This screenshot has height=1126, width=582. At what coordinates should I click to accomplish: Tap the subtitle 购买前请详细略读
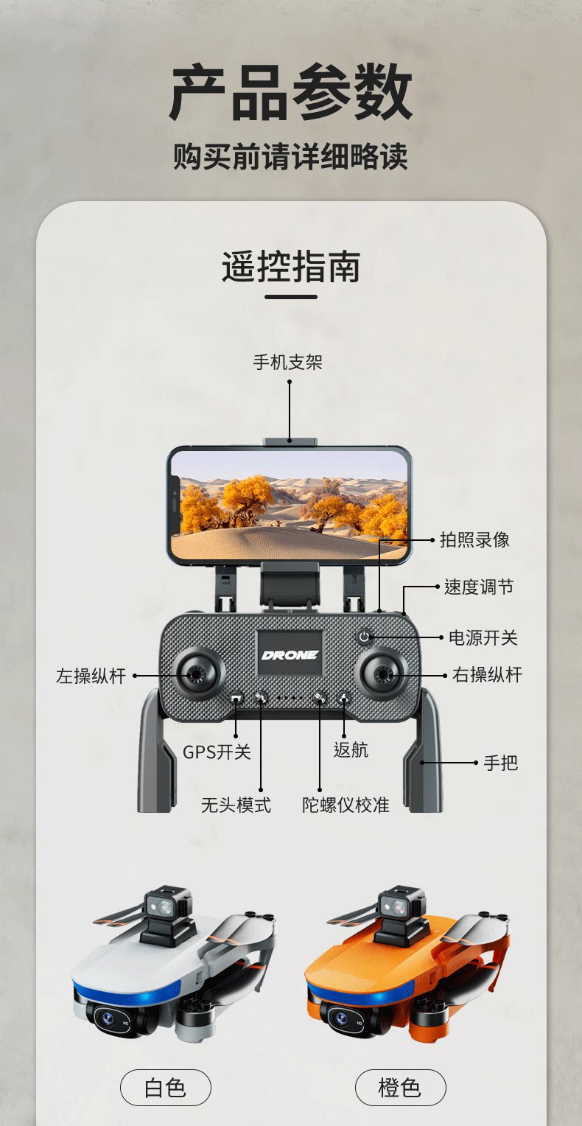pos(291,156)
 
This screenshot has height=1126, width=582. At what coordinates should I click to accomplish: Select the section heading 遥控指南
pos(291,267)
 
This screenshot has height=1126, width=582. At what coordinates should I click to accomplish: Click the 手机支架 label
pos(288,363)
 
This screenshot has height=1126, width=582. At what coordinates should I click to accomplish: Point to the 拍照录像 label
pos(474,540)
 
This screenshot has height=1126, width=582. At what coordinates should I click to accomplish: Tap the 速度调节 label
pos(479,587)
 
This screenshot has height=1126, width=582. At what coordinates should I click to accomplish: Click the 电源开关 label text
pos(483,637)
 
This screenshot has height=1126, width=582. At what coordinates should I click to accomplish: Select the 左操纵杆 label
pos(91,676)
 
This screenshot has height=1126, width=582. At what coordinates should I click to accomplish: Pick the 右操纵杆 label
pos(488,674)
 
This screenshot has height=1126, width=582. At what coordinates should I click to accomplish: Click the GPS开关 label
pos(217,752)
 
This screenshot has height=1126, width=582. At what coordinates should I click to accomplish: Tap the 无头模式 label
pos(236,805)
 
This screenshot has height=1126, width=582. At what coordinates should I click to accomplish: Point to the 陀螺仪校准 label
pos(346,805)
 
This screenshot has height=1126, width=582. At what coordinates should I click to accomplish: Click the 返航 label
pos(351,750)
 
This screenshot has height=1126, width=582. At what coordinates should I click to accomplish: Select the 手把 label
pos(500,763)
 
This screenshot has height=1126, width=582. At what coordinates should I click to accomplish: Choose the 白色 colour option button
pos(166,1088)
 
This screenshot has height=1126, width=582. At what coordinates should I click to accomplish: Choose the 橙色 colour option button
pos(400,1088)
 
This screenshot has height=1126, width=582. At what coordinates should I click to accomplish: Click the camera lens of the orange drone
pos(341,1019)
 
